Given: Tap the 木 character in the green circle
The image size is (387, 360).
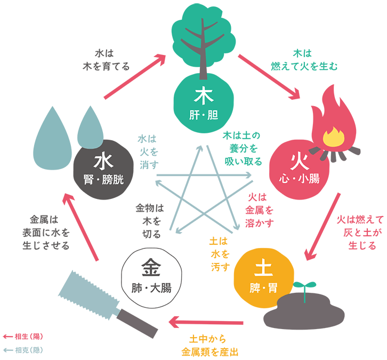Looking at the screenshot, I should click(204, 97).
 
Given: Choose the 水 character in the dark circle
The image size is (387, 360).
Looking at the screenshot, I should click(103, 162).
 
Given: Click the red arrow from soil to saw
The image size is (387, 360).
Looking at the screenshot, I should click(205, 322).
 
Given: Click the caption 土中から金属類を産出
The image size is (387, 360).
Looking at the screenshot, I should click(209, 346).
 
